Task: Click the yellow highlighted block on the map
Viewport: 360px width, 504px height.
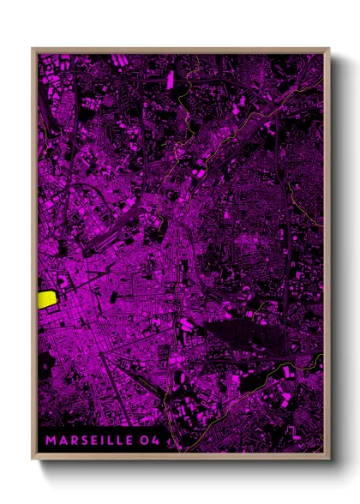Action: [47, 299]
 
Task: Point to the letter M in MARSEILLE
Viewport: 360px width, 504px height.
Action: [51, 441]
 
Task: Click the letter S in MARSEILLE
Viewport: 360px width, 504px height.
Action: [82, 441]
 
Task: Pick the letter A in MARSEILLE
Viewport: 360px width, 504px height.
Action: [62, 441]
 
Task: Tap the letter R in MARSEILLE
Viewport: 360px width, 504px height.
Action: [72, 441]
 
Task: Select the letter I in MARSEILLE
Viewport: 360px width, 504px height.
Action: [102, 441]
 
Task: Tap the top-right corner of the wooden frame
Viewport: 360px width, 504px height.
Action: [328, 49]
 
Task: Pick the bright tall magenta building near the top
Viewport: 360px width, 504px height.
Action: [170, 80]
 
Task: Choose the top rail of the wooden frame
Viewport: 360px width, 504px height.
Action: [180, 50]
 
